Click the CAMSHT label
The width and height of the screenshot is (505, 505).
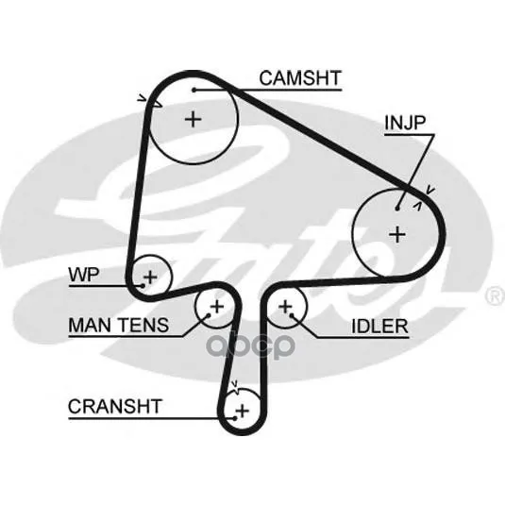pos(300,78)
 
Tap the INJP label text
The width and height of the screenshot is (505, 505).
pos(405,123)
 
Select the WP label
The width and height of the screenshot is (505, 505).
pos(84,275)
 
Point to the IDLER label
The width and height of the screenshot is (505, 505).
pos(379,327)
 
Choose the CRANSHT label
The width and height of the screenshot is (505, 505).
pos(114,407)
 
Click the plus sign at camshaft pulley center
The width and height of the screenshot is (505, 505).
pos(194,120)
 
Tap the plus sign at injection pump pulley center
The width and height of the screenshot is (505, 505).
pos(397,234)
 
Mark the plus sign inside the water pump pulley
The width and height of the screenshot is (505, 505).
pos(150,277)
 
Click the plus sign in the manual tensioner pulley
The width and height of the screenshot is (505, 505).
pos(217,306)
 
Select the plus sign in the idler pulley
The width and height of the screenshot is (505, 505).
pos(285,306)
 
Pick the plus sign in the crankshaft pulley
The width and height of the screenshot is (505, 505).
pos(243,411)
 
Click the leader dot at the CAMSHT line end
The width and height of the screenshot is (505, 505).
pos(194,90)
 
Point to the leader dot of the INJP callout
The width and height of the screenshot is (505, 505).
pos(397,209)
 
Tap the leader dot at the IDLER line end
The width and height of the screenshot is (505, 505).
pos(292,315)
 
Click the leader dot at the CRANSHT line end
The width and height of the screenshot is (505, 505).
pos(235,418)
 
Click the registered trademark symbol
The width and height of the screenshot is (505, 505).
pos(495,296)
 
